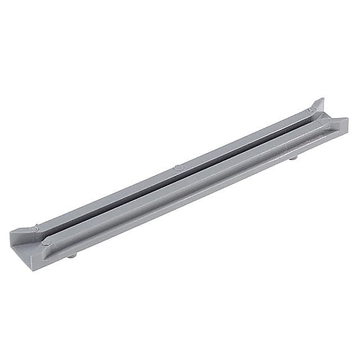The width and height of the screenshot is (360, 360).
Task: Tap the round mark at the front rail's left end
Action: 47,242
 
